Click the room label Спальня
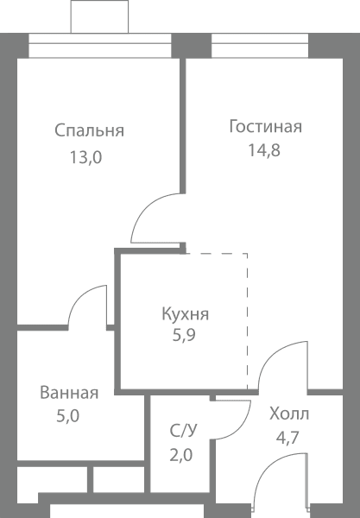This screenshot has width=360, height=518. point(89,131)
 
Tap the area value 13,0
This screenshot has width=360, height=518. point(85,157)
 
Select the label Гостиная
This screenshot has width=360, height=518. point(266,127)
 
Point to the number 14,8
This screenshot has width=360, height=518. point(264,150)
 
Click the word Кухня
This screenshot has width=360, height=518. point(186,314)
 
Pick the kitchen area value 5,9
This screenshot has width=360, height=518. point(184,335)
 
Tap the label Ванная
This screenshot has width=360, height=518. point(69,393)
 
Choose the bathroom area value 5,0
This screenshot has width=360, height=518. point(68,416)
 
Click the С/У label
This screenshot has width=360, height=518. point(184,431)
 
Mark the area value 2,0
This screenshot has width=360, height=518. point(181,455)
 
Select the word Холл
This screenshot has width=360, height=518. point(289,414)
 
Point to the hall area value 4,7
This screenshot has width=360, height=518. point(287,438)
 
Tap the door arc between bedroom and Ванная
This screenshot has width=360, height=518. point(80,295)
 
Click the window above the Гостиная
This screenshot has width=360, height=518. point(260,46)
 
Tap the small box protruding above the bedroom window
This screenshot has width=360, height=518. point(99,16)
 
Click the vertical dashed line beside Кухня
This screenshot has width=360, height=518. point(248,321)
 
